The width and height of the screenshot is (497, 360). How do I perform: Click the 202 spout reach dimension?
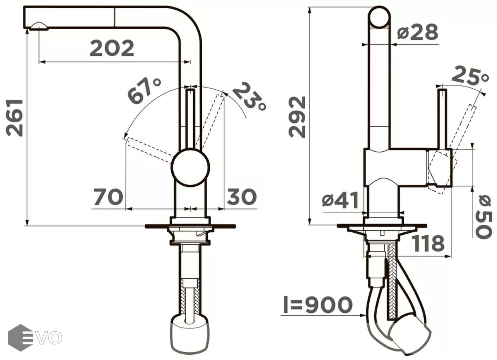click(112, 48)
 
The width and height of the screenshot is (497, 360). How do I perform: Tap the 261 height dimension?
click(14, 118)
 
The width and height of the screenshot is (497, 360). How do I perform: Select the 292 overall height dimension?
click(297, 117)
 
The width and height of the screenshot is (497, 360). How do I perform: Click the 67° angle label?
click(144, 90)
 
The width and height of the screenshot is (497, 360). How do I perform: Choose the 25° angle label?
click(470, 76)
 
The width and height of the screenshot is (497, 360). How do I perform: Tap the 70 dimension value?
click(108, 197)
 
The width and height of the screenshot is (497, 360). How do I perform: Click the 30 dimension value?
click(242, 196)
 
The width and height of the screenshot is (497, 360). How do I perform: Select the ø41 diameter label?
click(340, 200)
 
